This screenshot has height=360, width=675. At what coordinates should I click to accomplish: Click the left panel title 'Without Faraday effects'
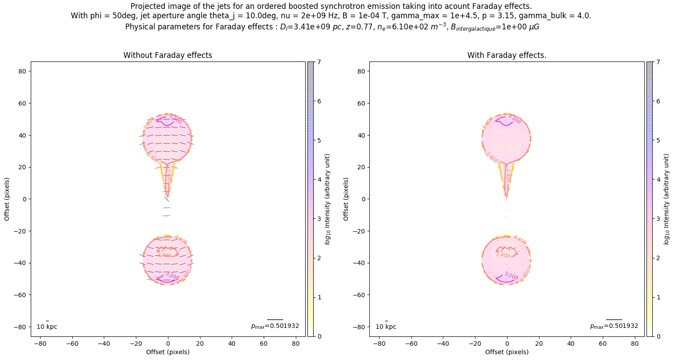[x=168, y=55]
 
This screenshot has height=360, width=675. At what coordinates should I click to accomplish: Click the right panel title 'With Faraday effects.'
[x=507, y=55]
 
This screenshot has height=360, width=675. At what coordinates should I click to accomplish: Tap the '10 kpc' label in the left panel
[x=47, y=327]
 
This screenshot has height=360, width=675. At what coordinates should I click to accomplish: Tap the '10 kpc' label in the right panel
[x=386, y=327]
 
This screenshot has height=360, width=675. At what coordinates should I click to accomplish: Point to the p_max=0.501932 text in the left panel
[x=275, y=326]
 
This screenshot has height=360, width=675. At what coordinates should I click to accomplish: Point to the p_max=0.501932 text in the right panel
[x=614, y=326]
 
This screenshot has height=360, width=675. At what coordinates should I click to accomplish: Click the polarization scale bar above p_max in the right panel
[x=614, y=319]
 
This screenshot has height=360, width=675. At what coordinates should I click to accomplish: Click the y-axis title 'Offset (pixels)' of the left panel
[x=7, y=199]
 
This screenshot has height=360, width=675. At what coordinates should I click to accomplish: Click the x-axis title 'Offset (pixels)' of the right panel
[x=507, y=352]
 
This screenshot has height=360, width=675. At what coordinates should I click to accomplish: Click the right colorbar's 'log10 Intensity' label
[x=667, y=199]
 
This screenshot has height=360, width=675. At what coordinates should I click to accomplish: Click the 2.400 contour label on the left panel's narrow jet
[x=169, y=175]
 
